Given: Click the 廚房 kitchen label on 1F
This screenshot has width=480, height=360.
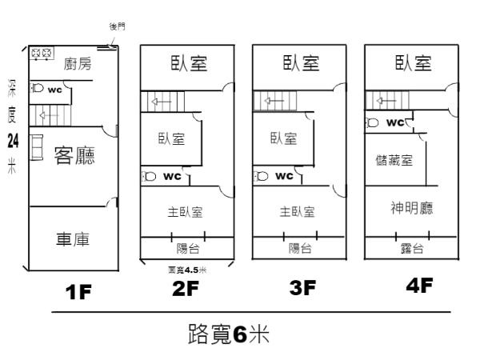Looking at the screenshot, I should click(x=77, y=64).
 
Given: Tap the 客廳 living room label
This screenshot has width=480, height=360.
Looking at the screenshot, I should click(x=74, y=155).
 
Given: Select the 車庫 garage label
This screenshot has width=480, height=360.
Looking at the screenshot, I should click(x=72, y=239).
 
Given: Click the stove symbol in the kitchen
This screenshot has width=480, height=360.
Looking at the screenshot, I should click(x=41, y=54).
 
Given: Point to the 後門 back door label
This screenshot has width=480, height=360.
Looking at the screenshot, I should click(x=117, y=26).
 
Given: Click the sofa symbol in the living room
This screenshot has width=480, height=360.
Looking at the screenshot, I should click(x=37, y=149).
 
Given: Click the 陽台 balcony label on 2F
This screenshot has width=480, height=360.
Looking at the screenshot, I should click(x=188, y=248).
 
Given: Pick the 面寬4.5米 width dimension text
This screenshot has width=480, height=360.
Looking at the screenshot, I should click(x=188, y=270).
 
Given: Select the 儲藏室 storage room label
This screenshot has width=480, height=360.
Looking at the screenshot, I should click(x=394, y=160).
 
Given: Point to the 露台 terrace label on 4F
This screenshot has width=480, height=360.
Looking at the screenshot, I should click(x=411, y=249).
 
